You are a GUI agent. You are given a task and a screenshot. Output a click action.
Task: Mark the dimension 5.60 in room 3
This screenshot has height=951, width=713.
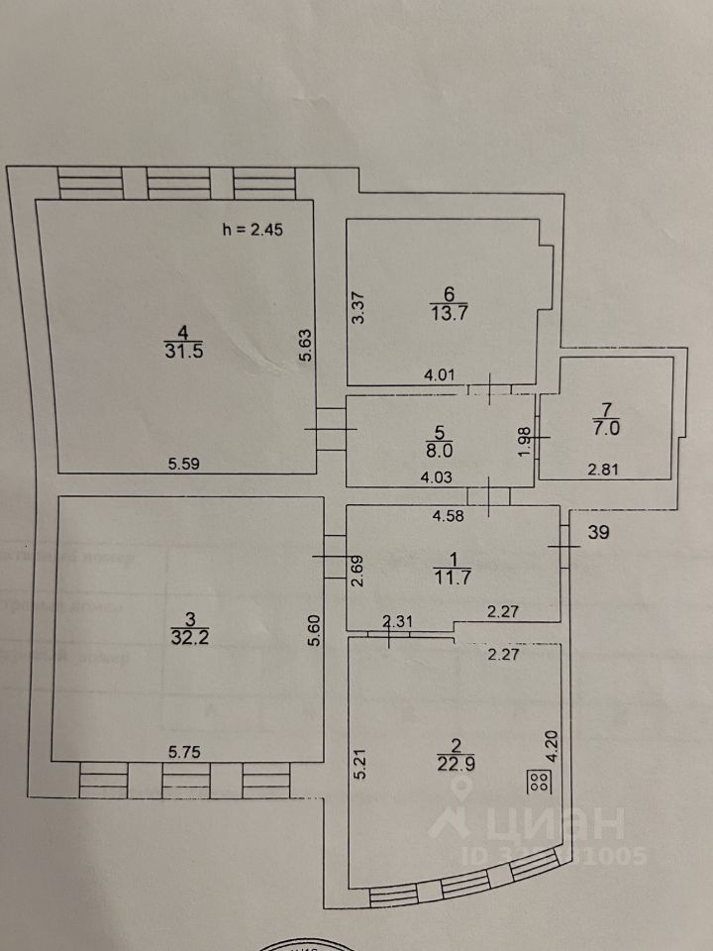click(314, 630)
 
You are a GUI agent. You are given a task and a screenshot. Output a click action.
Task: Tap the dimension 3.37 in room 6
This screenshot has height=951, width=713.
click(361, 308)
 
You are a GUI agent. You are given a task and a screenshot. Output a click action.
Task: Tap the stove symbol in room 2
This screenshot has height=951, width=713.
click(540, 781)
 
